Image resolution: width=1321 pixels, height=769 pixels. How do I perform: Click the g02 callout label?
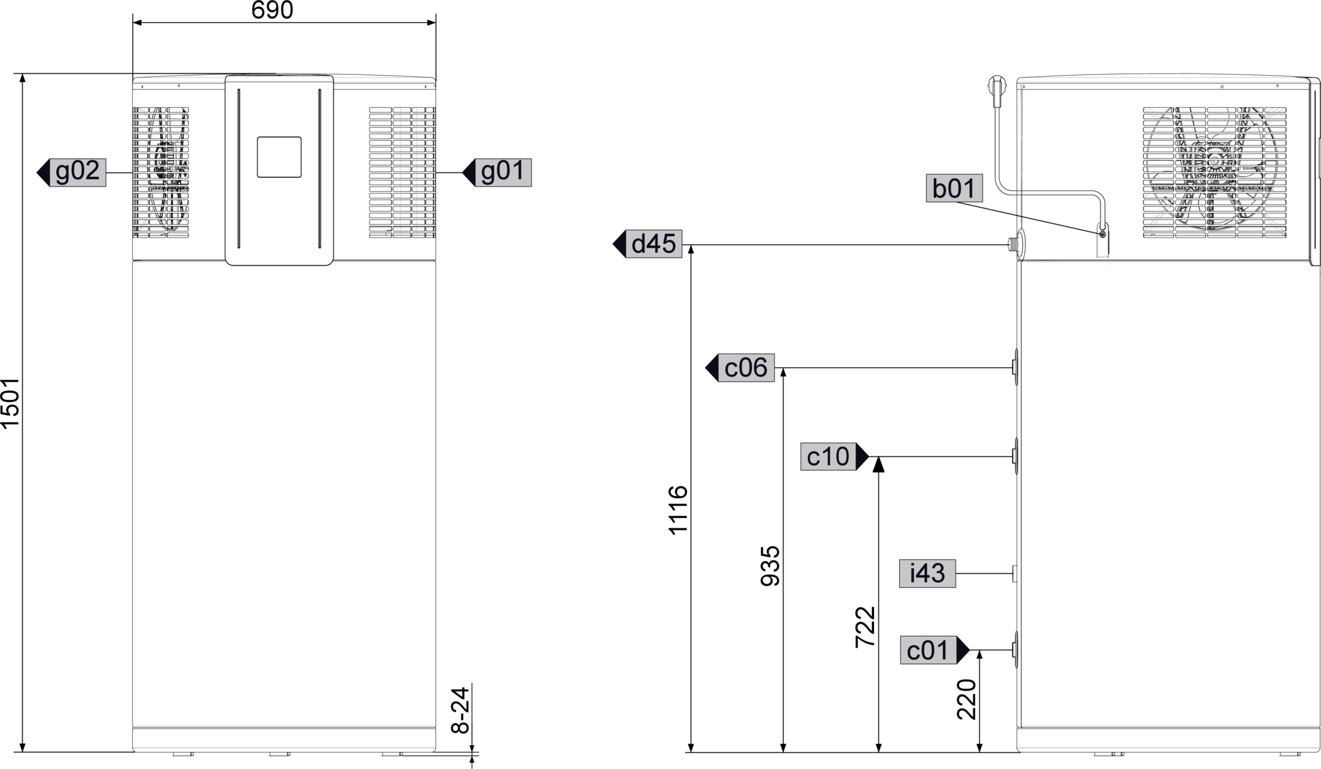pyautogui.click(x=78, y=172)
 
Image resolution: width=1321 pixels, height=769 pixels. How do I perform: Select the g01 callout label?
pyautogui.click(x=503, y=172)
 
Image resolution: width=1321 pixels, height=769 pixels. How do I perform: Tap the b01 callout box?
pyautogui.click(x=954, y=188)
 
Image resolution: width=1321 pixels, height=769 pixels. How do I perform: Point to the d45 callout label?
pyautogui.click(x=653, y=244)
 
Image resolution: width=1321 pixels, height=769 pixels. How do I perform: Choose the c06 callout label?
pyautogui.click(x=746, y=368)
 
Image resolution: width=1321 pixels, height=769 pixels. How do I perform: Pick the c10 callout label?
pyautogui.click(x=829, y=457)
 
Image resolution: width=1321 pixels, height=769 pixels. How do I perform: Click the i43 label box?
pyautogui.click(x=927, y=573)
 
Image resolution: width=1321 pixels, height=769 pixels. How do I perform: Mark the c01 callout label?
pyautogui.click(x=928, y=650)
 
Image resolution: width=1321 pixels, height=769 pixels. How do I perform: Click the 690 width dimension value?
pyautogui.click(x=272, y=10)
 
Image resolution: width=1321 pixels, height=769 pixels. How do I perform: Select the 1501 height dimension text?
pyautogui.click(x=11, y=403)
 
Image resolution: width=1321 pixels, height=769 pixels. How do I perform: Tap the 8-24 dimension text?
pyautogui.click(x=460, y=710)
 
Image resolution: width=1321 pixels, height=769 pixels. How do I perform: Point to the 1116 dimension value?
pyautogui.click(x=678, y=510)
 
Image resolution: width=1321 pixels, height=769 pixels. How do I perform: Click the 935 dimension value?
pyautogui.click(x=770, y=566)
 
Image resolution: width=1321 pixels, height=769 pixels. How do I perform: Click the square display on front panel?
pyautogui.click(x=279, y=157)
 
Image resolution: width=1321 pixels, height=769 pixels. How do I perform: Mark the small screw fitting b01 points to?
pyautogui.click(x=1102, y=234)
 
